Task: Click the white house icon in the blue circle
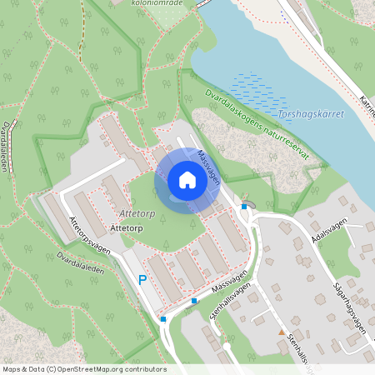[187, 179]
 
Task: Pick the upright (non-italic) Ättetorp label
[127, 227]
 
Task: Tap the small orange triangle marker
[282, 332]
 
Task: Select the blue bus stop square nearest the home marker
[244, 206]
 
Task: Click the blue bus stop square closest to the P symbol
[163, 318]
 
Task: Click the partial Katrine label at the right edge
[367, 108]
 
